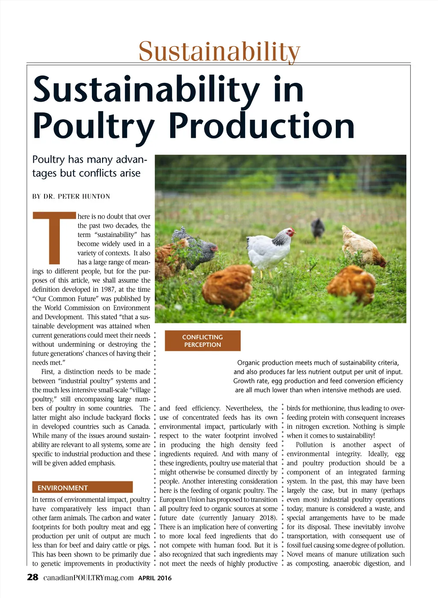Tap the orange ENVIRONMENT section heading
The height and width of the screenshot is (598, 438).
[x=82, y=487]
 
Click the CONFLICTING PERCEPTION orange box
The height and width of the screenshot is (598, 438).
[x=202, y=341]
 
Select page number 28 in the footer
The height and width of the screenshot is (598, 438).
[x=33, y=577]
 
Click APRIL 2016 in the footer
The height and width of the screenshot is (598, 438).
[x=155, y=578]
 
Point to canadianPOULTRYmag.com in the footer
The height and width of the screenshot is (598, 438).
[x=89, y=578]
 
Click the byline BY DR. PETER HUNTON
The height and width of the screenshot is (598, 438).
[x=71, y=196]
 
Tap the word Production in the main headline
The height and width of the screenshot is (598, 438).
[x=261, y=126]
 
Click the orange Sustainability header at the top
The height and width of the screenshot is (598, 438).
[x=219, y=51]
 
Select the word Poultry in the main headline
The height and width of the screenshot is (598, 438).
[x=93, y=126]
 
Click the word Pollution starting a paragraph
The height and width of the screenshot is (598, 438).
[x=309, y=445]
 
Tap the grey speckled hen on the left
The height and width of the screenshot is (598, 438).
[x=195, y=248]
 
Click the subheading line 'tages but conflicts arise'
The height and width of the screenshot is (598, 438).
[x=86, y=173]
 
